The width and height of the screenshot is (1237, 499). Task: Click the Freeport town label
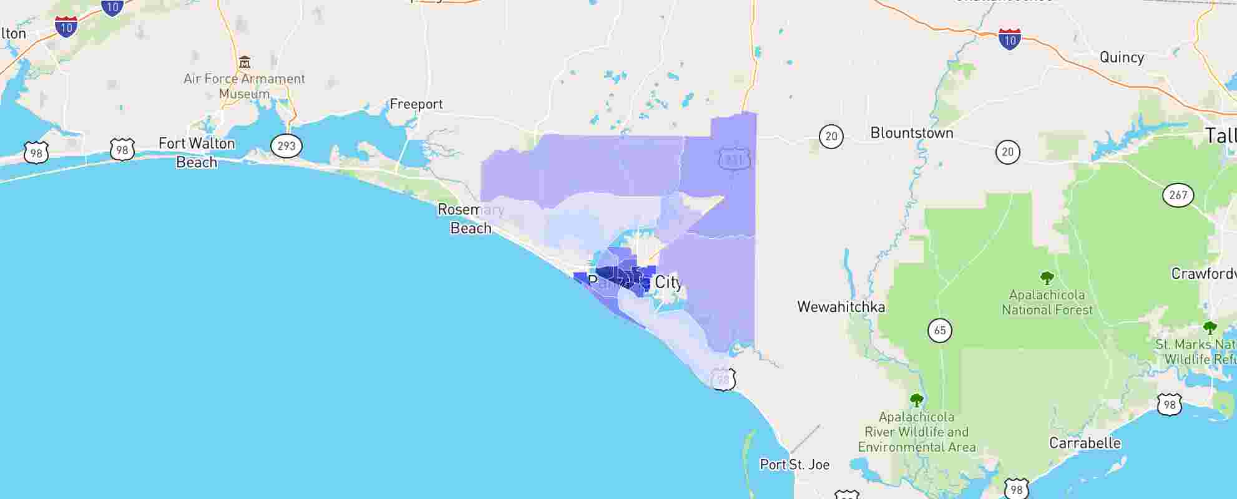click(x=416, y=104)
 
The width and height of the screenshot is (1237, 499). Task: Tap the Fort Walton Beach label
click(x=197, y=153)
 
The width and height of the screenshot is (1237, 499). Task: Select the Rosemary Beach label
click(x=471, y=219)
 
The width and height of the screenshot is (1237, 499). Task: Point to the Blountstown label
click(x=911, y=133)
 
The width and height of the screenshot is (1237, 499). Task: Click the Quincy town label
click(x=1122, y=57)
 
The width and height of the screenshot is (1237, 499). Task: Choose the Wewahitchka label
click(x=841, y=307)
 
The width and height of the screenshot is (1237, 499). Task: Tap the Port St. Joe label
click(x=794, y=465)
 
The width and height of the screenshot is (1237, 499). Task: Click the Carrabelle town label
click(x=1085, y=443)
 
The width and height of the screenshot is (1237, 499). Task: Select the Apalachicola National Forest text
click(x=1047, y=303)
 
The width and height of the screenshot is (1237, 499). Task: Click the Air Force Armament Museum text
click(x=245, y=86)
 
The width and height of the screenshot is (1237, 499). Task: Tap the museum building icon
click(x=245, y=62)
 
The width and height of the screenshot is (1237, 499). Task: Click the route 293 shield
click(x=286, y=146)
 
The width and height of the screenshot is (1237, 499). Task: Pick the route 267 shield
click(x=1178, y=195)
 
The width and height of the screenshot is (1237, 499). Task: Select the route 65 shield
click(x=940, y=330)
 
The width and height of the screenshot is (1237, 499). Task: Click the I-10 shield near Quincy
click(x=1009, y=39)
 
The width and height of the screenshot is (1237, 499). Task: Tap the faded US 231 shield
click(x=734, y=160)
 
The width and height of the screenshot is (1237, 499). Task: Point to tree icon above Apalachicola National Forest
click(x=1047, y=278)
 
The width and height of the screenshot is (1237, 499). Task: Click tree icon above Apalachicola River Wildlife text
click(x=916, y=400)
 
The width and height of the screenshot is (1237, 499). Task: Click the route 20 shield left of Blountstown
click(x=831, y=137)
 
